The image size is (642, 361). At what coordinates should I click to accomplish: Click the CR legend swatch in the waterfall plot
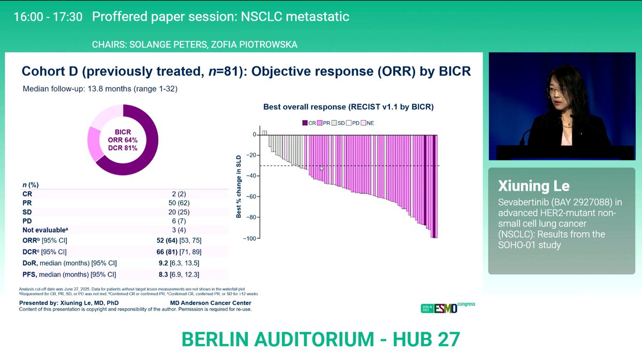[305, 122]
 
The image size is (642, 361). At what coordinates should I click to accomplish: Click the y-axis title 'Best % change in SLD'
[238, 186]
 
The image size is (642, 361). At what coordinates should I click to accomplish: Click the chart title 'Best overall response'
[348, 107]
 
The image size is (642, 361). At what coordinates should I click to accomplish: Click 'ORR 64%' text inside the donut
[123, 140]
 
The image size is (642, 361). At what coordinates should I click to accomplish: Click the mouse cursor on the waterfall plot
[322, 168]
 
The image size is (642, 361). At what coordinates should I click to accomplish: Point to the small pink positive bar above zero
[264, 132]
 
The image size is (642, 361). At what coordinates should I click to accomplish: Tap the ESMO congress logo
[448, 308]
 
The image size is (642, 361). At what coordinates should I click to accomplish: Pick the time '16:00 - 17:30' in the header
[48, 17]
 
